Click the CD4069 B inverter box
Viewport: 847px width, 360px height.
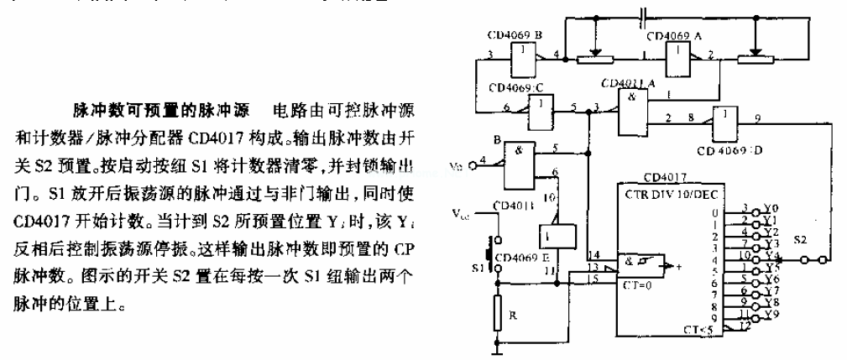(x=525, y=57)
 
